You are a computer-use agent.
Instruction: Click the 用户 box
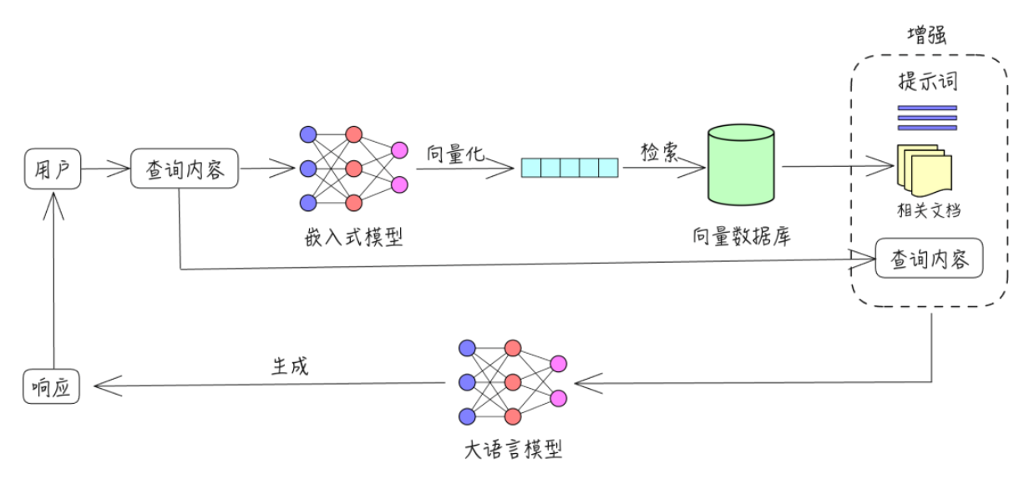(53, 169)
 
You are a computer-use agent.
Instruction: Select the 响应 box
(52, 386)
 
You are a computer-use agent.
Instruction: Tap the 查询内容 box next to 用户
(185, 169)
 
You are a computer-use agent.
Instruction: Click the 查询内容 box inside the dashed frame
(929, 259)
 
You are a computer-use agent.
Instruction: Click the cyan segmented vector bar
(570, 168)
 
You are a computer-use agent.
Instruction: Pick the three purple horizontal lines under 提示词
(927, 118)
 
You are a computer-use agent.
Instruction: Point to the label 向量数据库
(741, 235)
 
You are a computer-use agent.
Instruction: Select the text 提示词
(927, 82)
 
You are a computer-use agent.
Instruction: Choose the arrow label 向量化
(455, 153)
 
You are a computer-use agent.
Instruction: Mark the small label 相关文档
(928, 209)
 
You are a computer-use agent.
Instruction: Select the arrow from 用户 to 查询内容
(105, 169)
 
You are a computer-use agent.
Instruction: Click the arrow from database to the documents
(835, 166)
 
